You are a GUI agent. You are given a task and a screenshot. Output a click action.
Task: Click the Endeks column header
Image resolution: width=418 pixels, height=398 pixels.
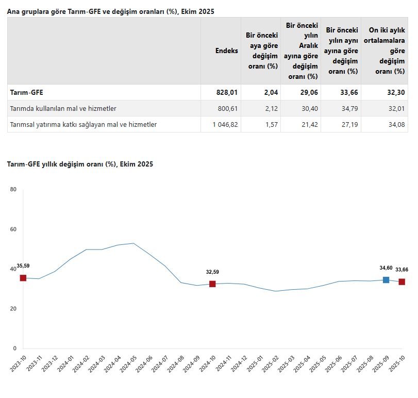226,51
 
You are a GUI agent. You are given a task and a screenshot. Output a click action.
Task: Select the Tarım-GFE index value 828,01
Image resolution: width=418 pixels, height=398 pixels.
226,92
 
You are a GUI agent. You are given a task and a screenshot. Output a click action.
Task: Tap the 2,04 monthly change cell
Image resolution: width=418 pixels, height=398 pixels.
269,92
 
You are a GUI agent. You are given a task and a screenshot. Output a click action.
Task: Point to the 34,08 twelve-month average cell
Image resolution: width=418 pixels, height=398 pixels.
396,124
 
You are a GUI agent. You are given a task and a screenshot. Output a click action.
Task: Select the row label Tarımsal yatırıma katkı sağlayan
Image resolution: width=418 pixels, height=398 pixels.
83,124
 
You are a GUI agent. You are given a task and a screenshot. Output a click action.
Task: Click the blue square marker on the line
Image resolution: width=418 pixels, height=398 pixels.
386,280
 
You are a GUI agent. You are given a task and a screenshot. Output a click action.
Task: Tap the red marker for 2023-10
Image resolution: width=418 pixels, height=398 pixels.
23,278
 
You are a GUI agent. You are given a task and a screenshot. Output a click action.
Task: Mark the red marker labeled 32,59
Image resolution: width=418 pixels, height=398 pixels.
212,284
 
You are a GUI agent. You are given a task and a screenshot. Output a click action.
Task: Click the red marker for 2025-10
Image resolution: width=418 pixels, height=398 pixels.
402,281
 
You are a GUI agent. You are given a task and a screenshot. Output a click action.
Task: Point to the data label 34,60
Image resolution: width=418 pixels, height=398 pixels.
386,268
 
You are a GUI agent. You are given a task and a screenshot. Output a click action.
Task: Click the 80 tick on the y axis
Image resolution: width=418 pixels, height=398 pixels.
13,190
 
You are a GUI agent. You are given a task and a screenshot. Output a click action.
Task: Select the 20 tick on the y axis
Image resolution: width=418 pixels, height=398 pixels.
13,309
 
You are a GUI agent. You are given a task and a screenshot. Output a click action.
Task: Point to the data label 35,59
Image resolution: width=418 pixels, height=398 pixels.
23,266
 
